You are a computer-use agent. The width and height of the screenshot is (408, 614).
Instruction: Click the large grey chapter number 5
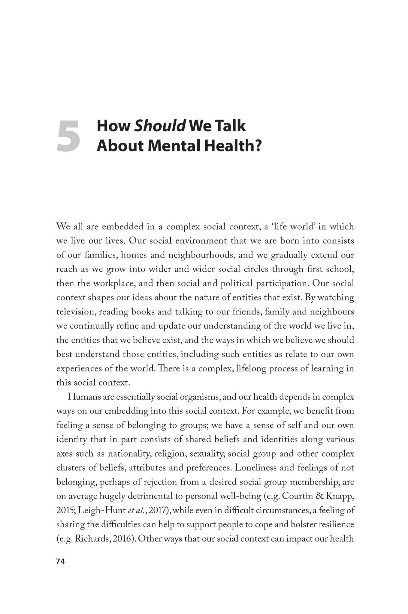(68, 135)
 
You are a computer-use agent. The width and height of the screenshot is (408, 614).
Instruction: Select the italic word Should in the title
(160, 126)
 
